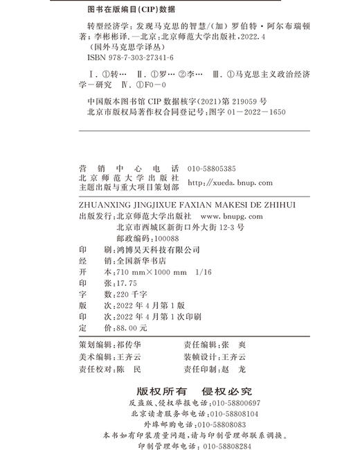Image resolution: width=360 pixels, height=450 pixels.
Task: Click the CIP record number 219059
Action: pos(228,99)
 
